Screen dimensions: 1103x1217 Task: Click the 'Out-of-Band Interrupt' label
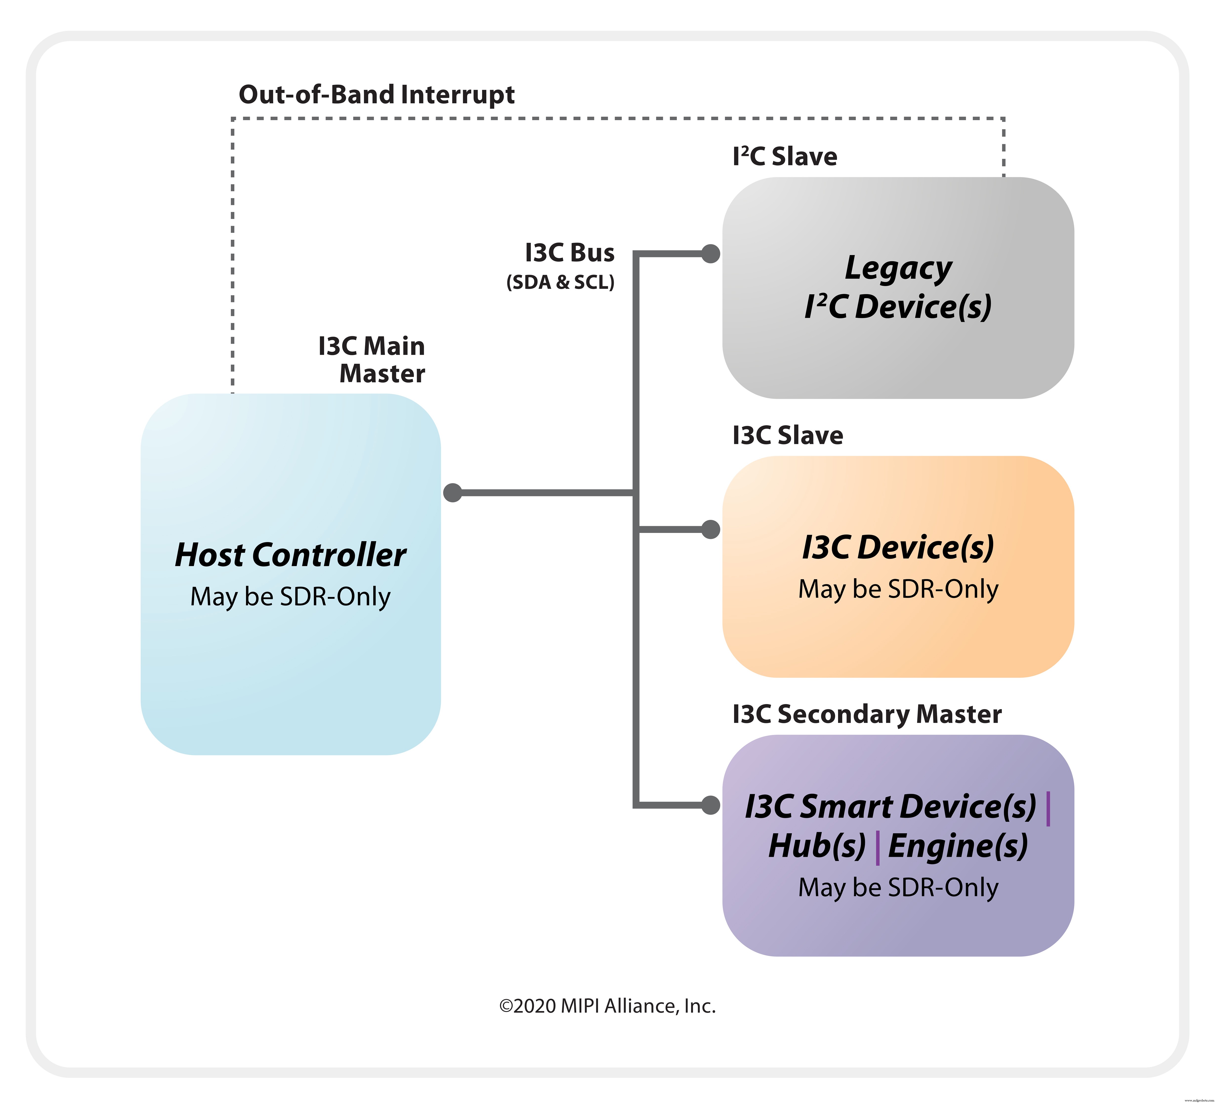tap(377, 95)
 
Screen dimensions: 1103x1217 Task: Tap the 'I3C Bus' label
tap(569, 252)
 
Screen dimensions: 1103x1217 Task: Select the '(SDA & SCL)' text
tap(560, 282)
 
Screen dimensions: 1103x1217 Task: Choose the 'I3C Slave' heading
tap(787, 435)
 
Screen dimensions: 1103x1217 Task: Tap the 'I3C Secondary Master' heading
tap(867, 714)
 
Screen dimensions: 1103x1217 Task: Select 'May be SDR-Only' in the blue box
tap(290, 597)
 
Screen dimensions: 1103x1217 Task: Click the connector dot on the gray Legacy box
tap(711, 254)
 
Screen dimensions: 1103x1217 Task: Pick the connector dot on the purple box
tap(711, 805)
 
